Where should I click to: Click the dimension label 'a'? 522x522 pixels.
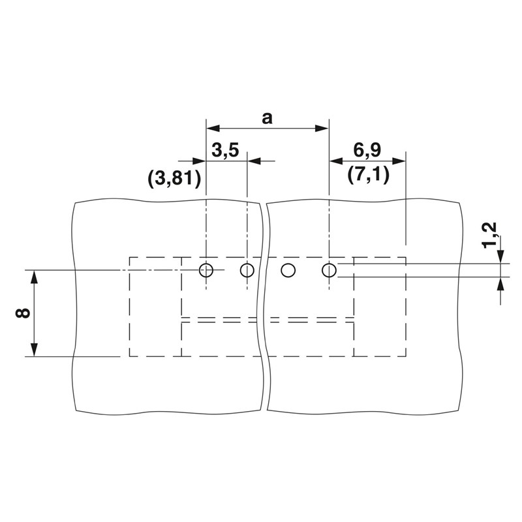point(267,118)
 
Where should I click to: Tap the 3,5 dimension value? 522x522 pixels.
point(225,150)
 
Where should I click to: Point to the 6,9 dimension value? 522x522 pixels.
point(367,150)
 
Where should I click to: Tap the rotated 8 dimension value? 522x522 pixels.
point(23,313)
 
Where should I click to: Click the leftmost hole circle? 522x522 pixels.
point(206,270)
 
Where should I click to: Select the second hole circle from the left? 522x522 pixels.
point(247,270)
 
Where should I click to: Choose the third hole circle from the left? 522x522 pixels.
point(288,270)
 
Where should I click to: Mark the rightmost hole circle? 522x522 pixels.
point(329,270)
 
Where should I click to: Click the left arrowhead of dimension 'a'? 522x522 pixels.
point(213,128)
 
